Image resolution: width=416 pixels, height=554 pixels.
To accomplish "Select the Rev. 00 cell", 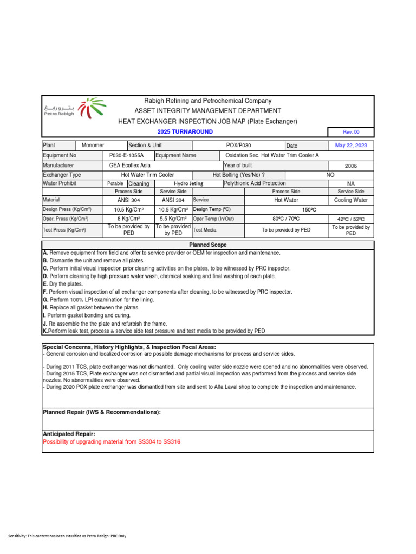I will tap(351, 132).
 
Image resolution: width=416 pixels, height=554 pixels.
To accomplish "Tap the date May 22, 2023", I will tap(351, 145).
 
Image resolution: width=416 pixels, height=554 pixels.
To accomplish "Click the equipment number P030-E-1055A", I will tap(127, 155).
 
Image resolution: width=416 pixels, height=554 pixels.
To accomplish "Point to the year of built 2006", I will tap(351, 166).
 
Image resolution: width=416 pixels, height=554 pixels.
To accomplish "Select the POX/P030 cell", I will tap(238, 145).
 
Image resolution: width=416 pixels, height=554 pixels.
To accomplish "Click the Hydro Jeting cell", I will tap(188, 184).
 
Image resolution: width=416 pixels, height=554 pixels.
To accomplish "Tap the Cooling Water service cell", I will tap(351, 200).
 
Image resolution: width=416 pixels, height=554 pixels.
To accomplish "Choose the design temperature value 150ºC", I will tap(309, 209).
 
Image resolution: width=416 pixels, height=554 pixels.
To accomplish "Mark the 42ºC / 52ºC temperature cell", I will tap(351, 219).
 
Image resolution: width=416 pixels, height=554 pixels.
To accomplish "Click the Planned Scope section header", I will tap(208, 245).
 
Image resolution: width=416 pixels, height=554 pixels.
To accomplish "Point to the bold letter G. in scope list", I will tap(45, 299).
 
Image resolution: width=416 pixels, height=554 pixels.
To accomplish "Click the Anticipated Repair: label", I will tap(69, 434).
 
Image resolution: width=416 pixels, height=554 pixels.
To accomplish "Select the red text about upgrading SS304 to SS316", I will tap(112, 442).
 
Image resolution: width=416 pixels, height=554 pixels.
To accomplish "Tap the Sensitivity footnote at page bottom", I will tap(67, 536).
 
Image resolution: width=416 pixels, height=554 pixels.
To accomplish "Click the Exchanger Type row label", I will tap(62, 175).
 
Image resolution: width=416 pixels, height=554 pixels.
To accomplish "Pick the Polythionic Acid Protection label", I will tap(255, 183).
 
